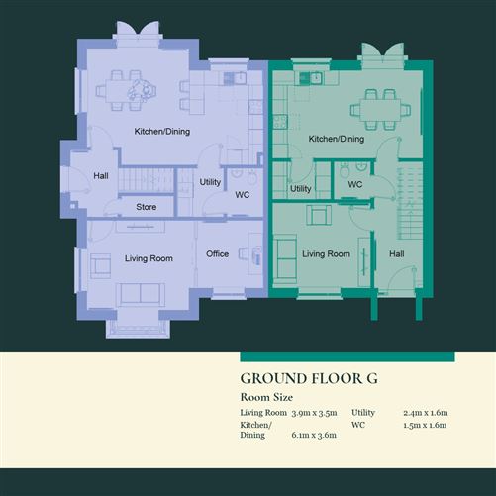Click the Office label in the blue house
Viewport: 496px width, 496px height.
217,254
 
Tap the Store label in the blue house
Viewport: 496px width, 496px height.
147,208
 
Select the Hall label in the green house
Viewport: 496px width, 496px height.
396,254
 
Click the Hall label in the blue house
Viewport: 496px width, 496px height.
100,176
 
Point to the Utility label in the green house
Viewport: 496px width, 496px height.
301,189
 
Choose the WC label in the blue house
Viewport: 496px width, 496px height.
242,194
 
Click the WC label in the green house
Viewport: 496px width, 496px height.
355,184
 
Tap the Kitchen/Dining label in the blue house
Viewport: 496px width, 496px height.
162,132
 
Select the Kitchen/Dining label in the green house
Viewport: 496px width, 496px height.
337,140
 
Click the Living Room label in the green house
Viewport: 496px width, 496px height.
326,254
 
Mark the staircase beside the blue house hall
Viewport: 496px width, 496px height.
145,180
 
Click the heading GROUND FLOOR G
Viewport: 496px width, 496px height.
309,378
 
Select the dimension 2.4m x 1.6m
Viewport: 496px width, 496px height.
426,412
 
